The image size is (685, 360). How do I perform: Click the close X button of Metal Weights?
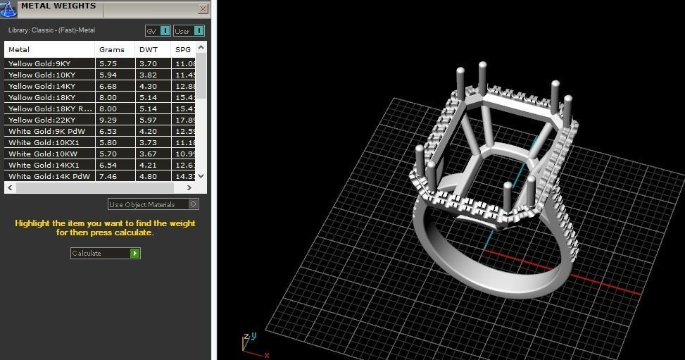[203, 9]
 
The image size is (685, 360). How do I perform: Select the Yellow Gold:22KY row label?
[42, 120]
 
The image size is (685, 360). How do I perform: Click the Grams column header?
[112, 49]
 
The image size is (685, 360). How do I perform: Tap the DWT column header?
[149, 49]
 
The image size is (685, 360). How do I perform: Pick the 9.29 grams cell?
[108, 120]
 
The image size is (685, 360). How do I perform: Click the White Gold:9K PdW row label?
[42, 131]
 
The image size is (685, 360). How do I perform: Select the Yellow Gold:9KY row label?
[39, 63]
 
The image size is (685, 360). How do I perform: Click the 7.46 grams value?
[108, 176]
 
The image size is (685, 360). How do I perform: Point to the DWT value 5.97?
[149, 120]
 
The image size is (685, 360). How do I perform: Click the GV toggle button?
[158, 31]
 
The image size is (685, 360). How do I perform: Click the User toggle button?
[189, 31]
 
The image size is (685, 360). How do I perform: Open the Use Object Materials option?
[153, 204]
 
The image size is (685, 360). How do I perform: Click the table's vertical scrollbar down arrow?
[201, 176]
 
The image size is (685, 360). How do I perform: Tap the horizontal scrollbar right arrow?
[189, 188]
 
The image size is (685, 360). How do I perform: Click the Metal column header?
[19, 49]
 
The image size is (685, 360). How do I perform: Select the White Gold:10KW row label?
[42, 154]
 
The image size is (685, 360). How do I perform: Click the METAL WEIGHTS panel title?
[58, 6]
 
